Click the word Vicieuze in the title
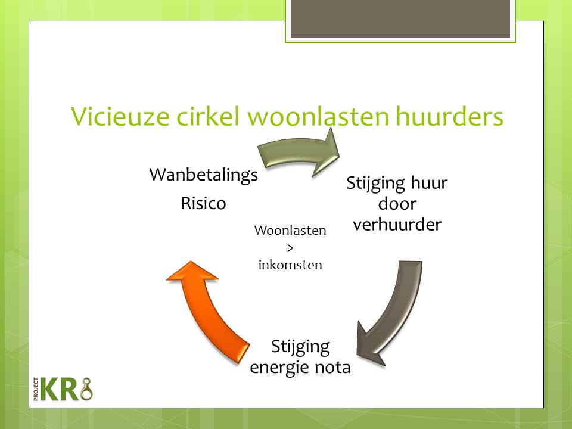(x=120, y=116)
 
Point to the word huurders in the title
(x=449, y=116)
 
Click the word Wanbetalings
(x=204, y=175)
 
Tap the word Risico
(x=204, y=203)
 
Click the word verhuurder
(x=397, y=225)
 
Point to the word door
(x=397, y=204)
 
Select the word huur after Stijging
(x=429, y=183)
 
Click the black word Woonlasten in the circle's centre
(x=290, y=231)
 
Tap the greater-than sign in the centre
(x=290, y=248)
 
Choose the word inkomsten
(x=290, y=265)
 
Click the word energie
(x=279, y=368)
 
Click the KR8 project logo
(x=63, y=389)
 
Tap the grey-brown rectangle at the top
(x=400, y=18)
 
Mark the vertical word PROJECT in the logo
(x=36, y=389)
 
